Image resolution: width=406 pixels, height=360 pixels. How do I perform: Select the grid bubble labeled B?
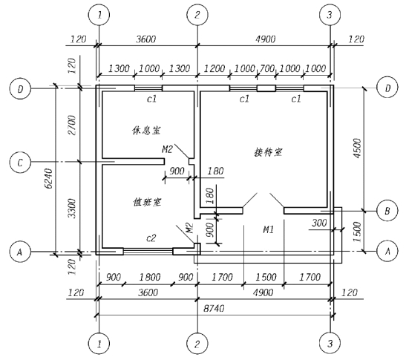tap(387, 211)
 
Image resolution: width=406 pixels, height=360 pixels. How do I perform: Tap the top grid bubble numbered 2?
tap(197, 15)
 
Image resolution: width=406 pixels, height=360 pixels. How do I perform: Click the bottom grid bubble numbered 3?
tap(330, 344)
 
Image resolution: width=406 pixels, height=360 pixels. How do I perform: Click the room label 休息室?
tap(146, 131)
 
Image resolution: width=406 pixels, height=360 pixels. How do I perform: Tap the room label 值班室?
tap(147, 202)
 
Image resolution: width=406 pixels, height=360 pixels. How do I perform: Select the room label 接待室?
tap(268, 152)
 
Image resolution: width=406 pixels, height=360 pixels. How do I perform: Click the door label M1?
tap(268, 229)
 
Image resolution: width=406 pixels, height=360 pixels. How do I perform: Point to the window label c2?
tap(151, 238)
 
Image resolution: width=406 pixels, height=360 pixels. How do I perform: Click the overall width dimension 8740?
tap(214, 309)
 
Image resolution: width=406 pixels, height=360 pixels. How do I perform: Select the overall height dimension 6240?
tap(49, 179)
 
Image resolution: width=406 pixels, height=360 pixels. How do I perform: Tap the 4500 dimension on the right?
tap(357, 148)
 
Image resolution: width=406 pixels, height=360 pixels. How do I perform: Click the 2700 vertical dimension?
tap(72, 125)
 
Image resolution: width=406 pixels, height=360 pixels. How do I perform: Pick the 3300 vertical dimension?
tap(72, 209)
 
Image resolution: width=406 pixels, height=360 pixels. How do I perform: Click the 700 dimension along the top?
tap(266, 68)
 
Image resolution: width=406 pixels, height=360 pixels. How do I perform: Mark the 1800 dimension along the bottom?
tap(150, 277)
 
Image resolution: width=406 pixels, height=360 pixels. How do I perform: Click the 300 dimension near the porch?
tap(319, 223)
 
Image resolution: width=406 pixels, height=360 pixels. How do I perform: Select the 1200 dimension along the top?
tap(215, 68)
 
